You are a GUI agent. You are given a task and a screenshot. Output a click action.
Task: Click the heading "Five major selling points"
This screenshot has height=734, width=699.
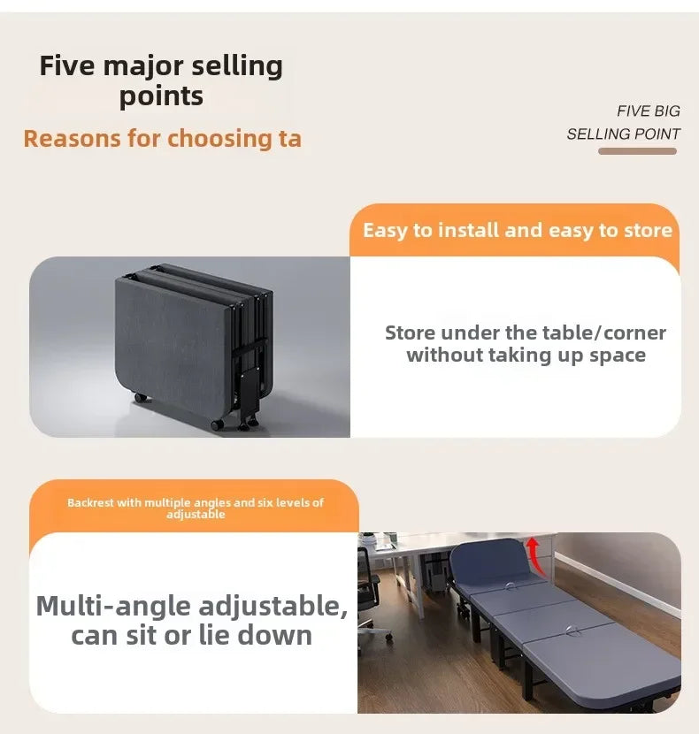161,80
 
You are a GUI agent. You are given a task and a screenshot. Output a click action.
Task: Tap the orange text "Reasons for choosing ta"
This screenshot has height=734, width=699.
162,139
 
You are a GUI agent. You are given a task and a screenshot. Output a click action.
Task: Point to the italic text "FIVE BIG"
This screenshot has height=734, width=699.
649,111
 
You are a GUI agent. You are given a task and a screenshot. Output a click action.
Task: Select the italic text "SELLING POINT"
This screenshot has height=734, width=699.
623,134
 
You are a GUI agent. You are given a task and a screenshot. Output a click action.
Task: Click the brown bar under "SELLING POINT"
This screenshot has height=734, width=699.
637,151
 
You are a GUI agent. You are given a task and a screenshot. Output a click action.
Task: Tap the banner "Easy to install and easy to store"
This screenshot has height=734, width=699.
517,231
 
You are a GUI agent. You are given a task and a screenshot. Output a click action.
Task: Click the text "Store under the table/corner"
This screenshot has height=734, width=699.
526,333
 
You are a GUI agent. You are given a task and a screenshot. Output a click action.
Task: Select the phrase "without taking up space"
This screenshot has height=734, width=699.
526,356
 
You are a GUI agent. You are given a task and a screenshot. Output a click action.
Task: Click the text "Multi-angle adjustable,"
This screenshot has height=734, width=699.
191,607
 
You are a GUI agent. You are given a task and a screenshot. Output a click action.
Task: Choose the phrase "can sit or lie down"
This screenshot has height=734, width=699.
191,635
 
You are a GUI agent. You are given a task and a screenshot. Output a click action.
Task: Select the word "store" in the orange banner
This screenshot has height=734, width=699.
648,231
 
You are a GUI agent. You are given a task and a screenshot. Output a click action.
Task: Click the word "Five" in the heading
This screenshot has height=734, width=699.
68,66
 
